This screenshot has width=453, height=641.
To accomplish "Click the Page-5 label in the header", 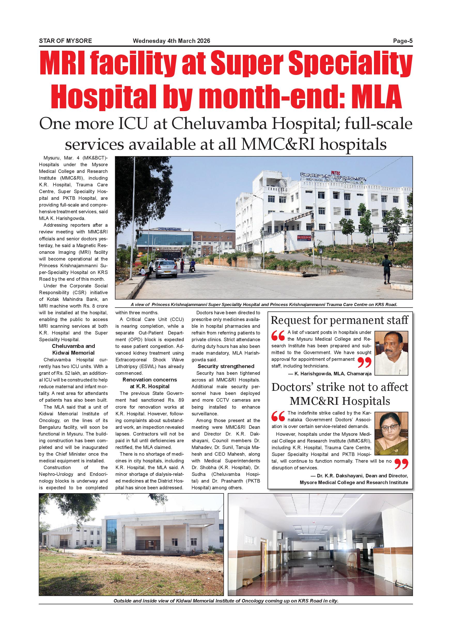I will coord(403,41).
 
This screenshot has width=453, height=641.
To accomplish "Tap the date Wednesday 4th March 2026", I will coord(171,41).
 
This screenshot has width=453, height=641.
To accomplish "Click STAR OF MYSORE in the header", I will coord(65,41).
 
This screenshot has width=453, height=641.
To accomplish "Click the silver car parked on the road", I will coord(166,269).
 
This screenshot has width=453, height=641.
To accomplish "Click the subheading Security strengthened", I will coord(226,366).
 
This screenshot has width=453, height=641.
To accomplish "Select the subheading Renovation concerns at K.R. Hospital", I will coord(150,383).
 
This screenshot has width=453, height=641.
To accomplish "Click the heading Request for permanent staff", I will coord(339,320).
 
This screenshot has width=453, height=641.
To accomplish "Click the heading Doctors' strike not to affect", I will coord(339,387).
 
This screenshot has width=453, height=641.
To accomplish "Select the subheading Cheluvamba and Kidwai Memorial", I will coord(73,349).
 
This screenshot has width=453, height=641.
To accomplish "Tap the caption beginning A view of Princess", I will coord(264,304).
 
